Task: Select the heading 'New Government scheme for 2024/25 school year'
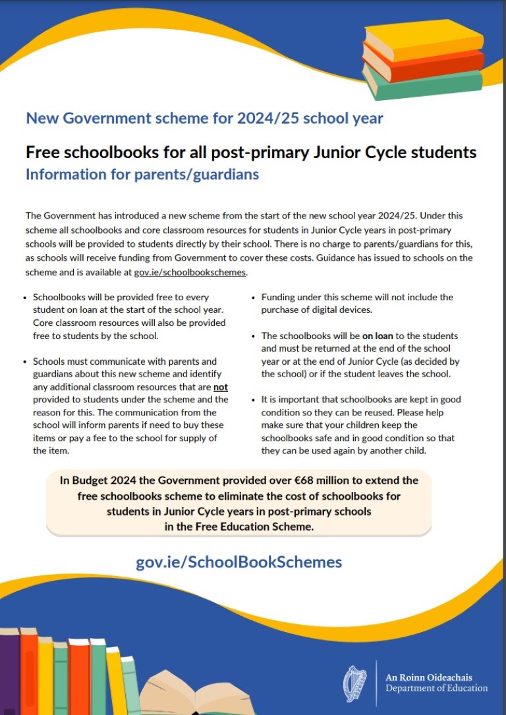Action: pyautogui.click(x=204, y=119)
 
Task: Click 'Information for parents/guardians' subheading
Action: pyautogui.click(x=142, y=174)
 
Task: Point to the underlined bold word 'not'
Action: pyautogui.click(x=221, y=387)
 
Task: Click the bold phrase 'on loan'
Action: pyautogui.click(x=378, y=336)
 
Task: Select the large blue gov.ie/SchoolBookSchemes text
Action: pyautogui.click(x=239, y=562)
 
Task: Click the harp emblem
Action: pyautogui.click(x=356, y=683)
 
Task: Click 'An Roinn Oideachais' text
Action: pyautogui.click(x=429, y=677)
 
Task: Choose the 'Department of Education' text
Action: pyautogui.click(x=437, y=689)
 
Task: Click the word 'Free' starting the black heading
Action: pyautogui.click(x=43, y=153)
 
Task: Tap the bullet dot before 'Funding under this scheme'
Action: pyautogui.click(x=254, y=298)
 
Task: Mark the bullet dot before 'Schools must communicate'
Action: pyautogui.click(x=25, y=362)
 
